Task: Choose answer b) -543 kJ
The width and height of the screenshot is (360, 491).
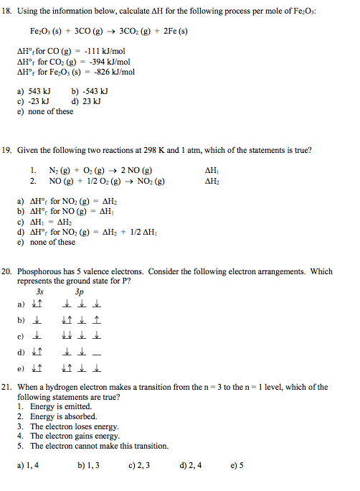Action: (x=90, y=92)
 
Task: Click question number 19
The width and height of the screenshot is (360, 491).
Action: (x=9, y=151)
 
